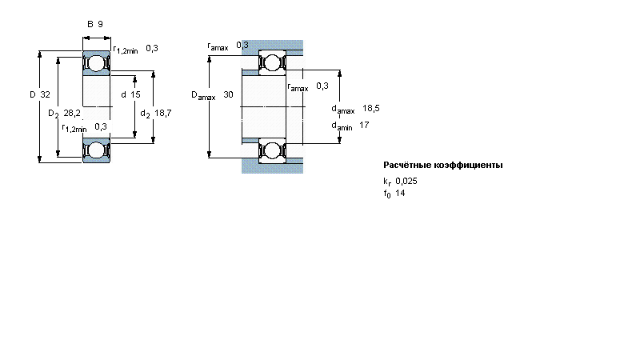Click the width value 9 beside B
100,24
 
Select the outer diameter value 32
46,94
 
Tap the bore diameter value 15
136,94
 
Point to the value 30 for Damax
229,94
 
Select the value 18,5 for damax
370,108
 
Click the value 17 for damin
364,125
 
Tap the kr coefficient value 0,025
406,181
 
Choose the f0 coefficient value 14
400,194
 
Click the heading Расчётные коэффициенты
443,166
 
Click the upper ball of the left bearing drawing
96,63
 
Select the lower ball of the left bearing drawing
96,150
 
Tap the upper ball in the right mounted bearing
272,63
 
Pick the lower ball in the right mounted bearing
272,150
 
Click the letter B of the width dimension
90,24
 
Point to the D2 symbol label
53,114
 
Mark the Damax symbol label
203,95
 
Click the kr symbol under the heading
387,182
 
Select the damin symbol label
343,126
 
